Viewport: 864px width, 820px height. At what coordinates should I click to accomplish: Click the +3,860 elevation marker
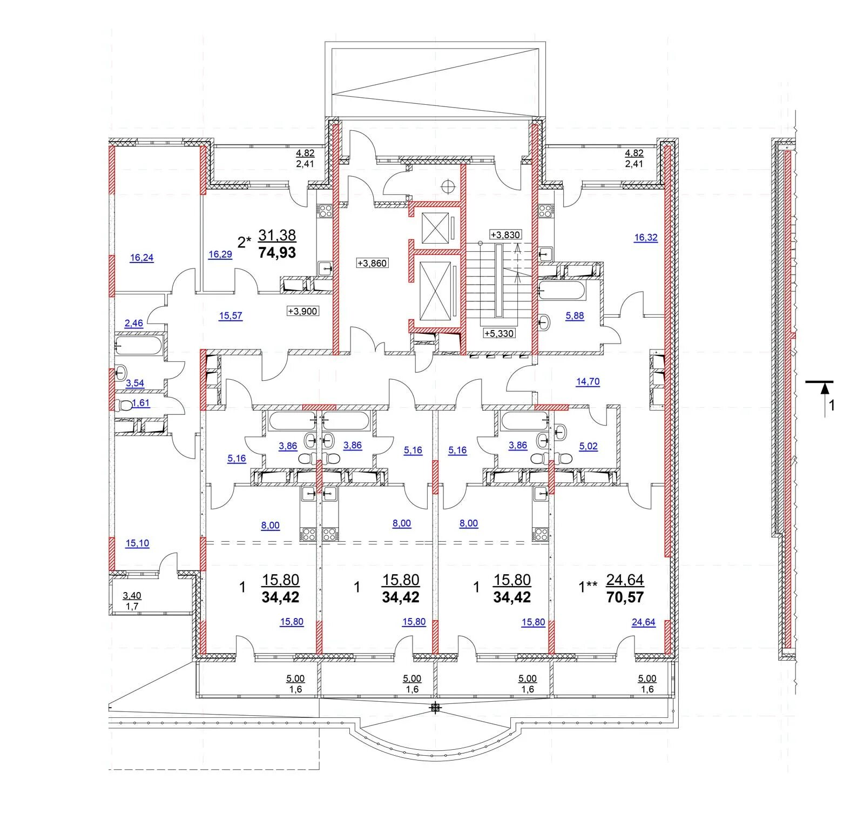point(372,263)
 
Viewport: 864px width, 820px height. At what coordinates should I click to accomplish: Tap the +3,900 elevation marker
point(302,311)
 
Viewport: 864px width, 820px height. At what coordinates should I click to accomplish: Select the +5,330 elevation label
point(498,333)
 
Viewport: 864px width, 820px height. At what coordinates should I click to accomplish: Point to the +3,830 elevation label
point(505,234)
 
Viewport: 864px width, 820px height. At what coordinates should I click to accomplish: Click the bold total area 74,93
point(277,252)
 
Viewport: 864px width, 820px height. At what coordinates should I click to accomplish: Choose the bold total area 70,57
point(625,597)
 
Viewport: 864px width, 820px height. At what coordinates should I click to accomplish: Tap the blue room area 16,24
point(141,258)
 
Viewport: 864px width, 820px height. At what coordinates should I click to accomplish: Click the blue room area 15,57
point(231,316)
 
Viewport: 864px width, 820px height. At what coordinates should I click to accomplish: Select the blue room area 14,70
point(588,381)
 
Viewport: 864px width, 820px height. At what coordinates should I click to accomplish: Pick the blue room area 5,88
point(575,316)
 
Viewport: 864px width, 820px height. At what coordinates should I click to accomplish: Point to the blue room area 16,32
point(646,237)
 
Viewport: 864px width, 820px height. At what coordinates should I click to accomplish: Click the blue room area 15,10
point(137,543)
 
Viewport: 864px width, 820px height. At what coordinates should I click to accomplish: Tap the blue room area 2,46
point(134,324)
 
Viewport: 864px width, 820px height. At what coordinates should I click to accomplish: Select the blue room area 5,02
point(588,447)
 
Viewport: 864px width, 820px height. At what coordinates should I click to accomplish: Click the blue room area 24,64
point(644,622)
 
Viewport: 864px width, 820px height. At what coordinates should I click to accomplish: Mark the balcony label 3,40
point(132,596)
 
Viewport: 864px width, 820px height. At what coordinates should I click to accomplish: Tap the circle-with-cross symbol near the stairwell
point(448,186)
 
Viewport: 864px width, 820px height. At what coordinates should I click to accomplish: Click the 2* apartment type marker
point(245,241)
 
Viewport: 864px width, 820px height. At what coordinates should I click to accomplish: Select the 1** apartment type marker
point(588,587)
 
